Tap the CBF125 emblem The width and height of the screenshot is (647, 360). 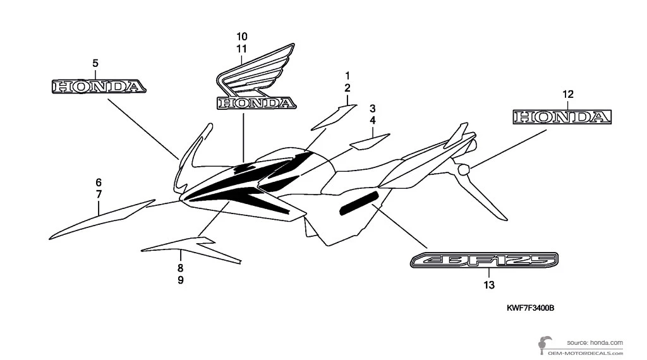click(485, 260)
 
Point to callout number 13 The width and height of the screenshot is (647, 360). click(488, 285)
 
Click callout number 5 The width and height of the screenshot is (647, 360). click(95, 63)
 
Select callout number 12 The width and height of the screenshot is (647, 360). click(568, 95)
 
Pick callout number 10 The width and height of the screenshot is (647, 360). click(243, 35)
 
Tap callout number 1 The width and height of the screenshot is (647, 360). click(347, 75)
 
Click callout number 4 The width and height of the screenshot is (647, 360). click(373, 120)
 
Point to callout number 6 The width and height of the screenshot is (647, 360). click(99, 183)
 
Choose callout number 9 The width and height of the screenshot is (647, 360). click(181, 280)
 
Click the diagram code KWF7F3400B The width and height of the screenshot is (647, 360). click(529, 308)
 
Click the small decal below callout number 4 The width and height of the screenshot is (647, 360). click(370, 140)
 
